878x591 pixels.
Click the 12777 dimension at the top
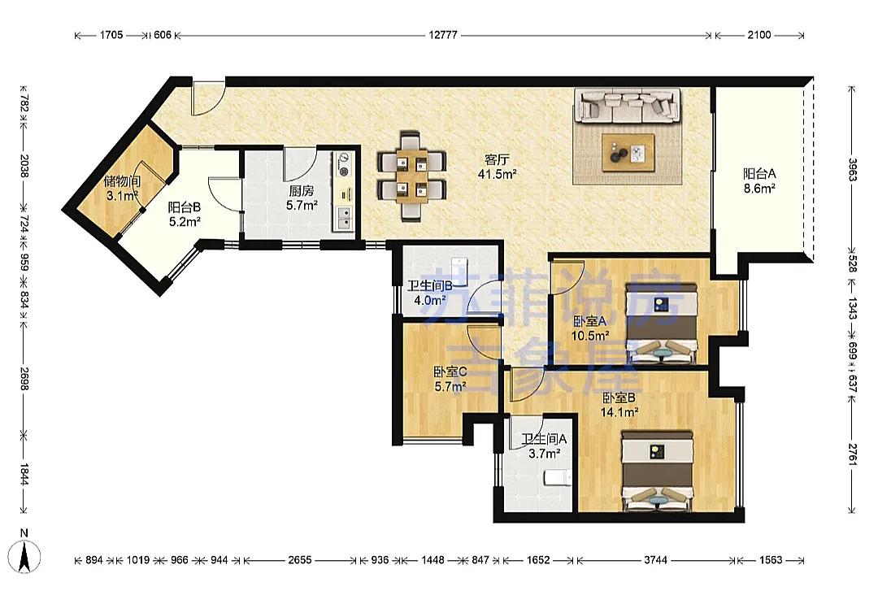(x=443, y=35)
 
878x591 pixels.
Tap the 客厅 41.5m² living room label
(x=497, y=167)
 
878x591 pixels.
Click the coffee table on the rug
(x=628, y=152)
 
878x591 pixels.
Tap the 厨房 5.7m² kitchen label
(x=302, y=198)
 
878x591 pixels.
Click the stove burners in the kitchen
(x=343, y=165)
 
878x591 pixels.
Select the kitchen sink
(x=343, y=218)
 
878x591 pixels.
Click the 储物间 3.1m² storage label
(x=122, y=189)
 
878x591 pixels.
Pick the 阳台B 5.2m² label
(x=185, y=215)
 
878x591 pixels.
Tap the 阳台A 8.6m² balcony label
(x=759, y=181)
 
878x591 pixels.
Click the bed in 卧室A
(x=662, y=324)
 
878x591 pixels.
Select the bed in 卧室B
(x=658, y=471)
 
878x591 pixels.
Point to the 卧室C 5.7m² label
(x=450, y=379)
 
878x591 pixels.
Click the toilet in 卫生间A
(x=557, y=477)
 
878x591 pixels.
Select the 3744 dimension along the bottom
(x=655, y=559)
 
